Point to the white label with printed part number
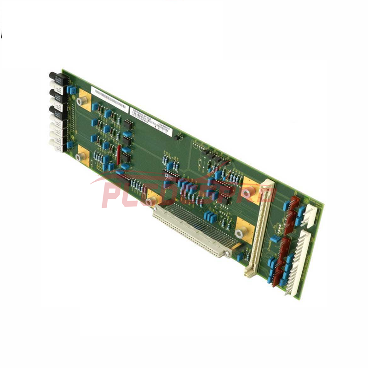point(146,121)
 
